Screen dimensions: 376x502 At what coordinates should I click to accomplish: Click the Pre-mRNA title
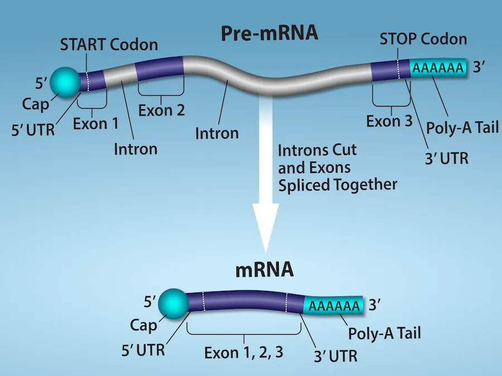pos(269,33)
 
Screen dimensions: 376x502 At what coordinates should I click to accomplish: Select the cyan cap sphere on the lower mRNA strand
pos(173,305)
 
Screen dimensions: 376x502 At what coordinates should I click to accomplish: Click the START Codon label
pos(109,44)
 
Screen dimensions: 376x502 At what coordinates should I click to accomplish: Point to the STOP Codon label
pos(423,39)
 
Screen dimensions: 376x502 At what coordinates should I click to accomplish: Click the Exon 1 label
pos(95,123)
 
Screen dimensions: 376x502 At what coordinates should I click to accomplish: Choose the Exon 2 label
pos(161,110)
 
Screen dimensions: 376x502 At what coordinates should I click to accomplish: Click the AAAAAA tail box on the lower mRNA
pos(333,306)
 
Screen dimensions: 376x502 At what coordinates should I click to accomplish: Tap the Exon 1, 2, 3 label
pos(244,353)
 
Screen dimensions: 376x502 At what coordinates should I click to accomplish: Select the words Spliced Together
pos(337,184)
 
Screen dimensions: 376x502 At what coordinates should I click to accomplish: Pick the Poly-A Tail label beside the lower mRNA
pos(384,334)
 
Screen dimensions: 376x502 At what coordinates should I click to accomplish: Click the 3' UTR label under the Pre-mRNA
pos(445,158)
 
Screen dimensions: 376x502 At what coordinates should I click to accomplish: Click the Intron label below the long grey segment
pos(217,133)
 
